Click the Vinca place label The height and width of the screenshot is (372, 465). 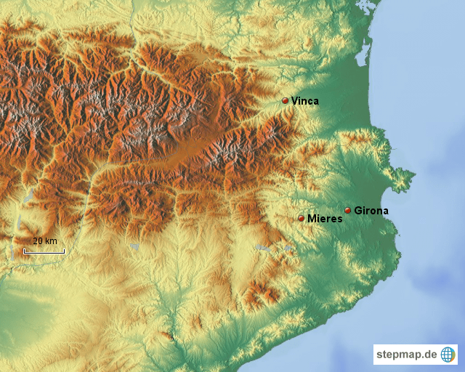(304, 101)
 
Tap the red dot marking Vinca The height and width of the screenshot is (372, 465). (285, 101)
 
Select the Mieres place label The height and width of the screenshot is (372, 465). (325, 218)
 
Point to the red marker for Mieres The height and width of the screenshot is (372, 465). (302, 218)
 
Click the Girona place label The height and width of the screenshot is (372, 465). (371, 211)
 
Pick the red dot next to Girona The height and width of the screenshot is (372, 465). (348, 211)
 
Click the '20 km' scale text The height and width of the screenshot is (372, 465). (44, 241)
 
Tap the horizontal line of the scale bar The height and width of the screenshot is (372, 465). (44, 252)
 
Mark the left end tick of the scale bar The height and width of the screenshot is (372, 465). (24, 251)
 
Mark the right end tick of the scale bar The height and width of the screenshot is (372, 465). (65, 251)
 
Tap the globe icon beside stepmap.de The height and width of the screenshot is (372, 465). (448, 355)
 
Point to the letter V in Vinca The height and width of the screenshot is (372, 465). (294, 101)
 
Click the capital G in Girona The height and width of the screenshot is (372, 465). (358, 211)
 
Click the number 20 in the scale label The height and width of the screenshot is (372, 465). (38, 241)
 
